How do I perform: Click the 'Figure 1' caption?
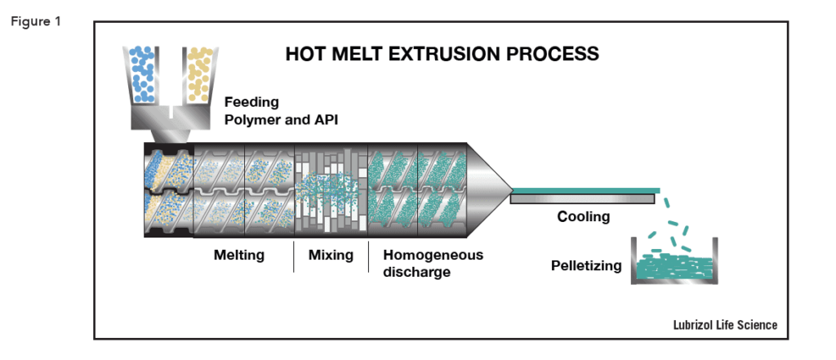[36, 20]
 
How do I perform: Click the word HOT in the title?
[306, 55]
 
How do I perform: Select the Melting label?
[239, 256]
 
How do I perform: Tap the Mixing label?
[331, 256]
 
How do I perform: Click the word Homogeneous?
[433, 256]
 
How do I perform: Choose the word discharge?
[416, 272]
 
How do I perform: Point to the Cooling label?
[584, 217]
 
